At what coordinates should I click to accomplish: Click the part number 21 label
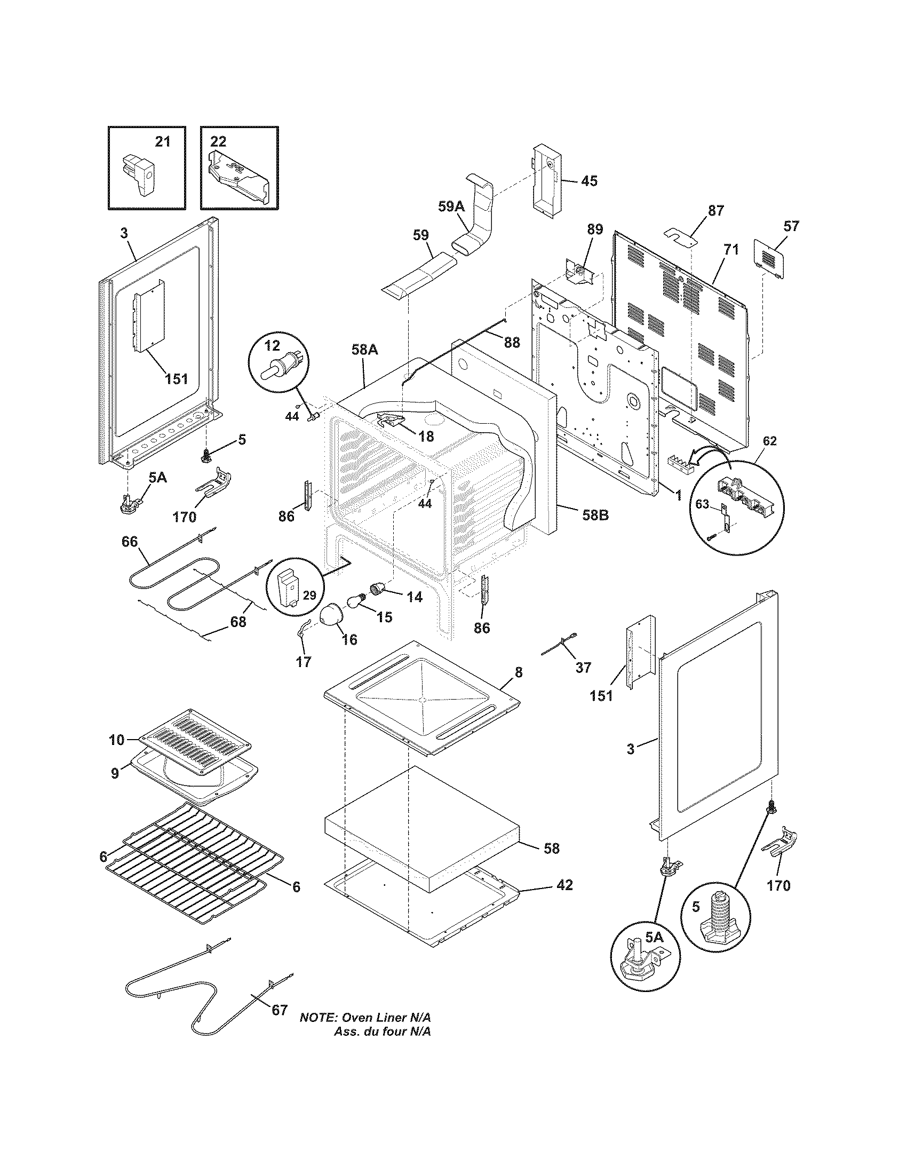click(x=162, y=141)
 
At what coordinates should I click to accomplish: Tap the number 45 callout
click(x=589, y=180)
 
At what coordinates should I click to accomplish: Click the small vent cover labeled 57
click(x=770, y=260)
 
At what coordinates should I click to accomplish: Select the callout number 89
click(x=594, y=229)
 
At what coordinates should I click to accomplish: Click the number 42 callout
click(x=564, y=885)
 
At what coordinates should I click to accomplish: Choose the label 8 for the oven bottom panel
click(x=518, y=672)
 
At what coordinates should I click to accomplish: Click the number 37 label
click(x=583, y=668)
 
